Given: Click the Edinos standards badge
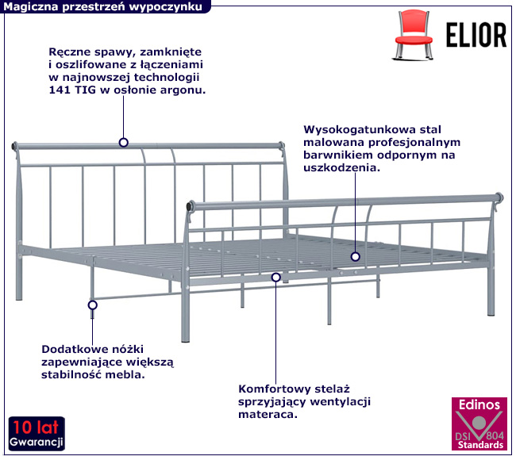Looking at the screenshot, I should click(479, 424).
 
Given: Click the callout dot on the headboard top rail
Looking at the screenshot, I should click(124, 143).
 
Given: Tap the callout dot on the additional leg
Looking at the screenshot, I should click(92, 305).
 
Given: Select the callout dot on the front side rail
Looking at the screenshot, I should click(275, 277).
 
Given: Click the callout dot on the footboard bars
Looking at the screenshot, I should click(356, 256).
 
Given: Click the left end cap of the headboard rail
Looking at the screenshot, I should click(15, 147).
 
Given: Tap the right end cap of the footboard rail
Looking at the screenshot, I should click(499, 197).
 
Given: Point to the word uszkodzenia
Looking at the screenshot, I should click(340, 167).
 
